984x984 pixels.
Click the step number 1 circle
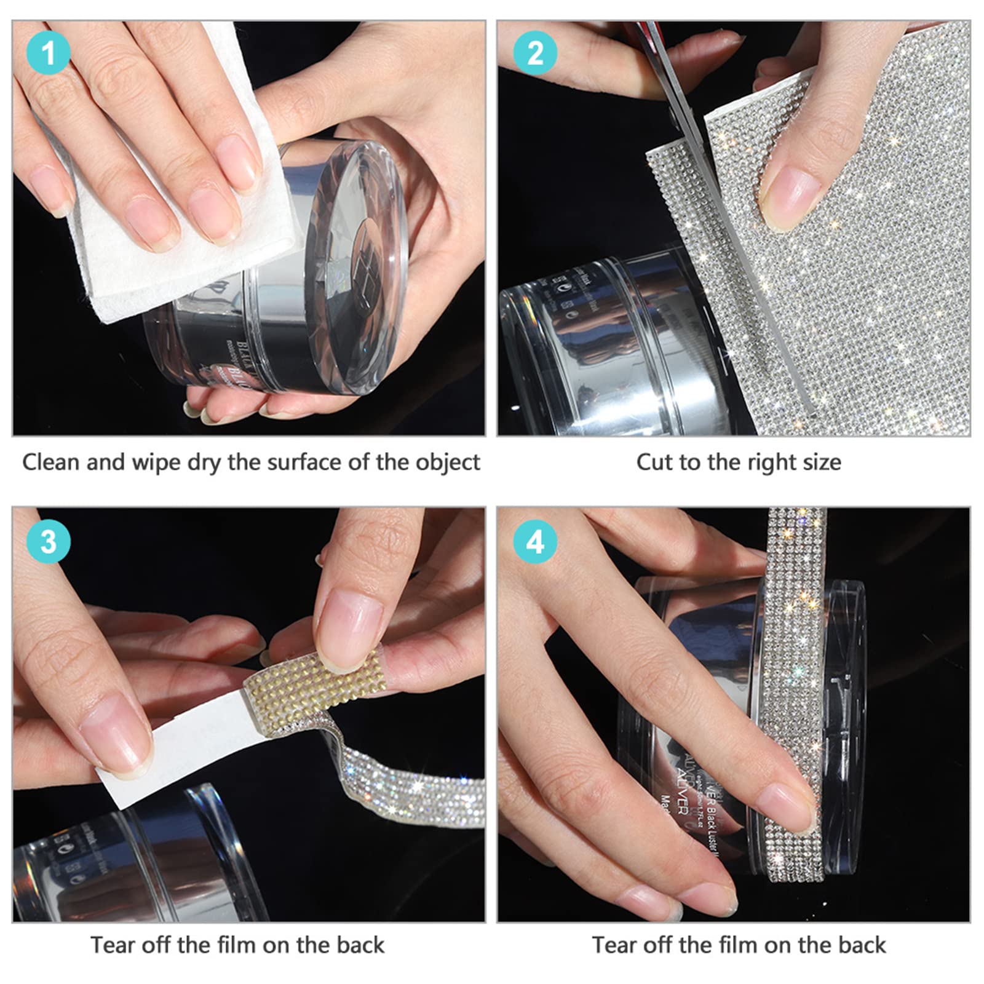(x=48, y=53)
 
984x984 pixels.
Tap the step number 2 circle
(x=535, y=53)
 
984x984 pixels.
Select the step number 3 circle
(x=48, y=542)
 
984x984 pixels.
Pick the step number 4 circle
(x=535, y=542)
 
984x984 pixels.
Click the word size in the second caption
(x=821, y=462)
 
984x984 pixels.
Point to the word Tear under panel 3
(x=113, y=945)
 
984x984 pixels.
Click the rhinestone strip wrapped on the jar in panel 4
(x=793, y=707)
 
